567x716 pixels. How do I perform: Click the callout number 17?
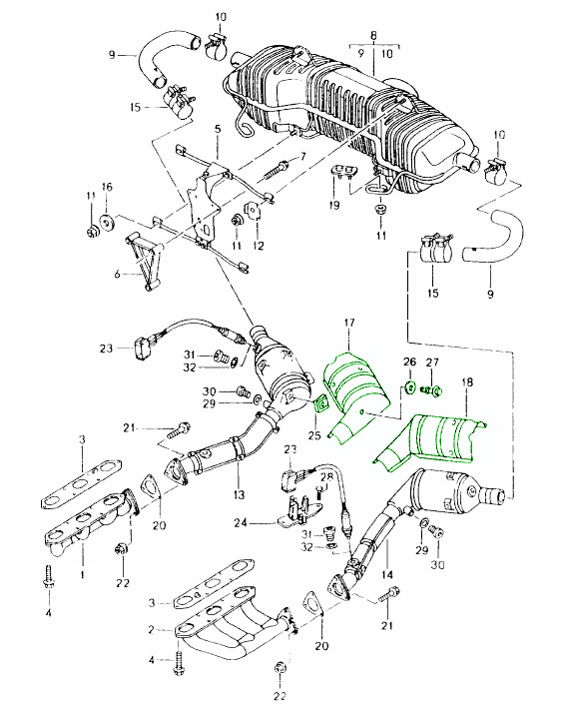(x=349, y=323)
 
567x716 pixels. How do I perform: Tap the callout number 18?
(x=468, y=381)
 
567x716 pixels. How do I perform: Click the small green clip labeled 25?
(x=321, y=403)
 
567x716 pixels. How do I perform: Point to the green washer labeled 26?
(x=409, y=387)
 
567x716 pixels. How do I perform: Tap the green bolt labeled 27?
(x=431, y=390)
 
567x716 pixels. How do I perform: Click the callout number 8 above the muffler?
(x=373, y=36)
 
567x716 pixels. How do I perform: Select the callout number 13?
(x=239, y=494)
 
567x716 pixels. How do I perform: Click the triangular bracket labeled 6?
(x=145, y=262)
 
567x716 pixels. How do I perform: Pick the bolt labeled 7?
(x=277, y=170)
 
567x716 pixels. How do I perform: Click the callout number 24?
(x=241, y=522)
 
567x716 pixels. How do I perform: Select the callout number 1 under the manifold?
(x=83, y=574)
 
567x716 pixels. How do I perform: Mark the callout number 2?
(x=152, y=630)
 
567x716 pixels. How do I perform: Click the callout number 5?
(x=218, y=128)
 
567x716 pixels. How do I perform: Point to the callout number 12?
(x=259, y=246)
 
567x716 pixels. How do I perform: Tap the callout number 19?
(x=334, y=205)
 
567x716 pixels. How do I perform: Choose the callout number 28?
(x=326, y=477)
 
